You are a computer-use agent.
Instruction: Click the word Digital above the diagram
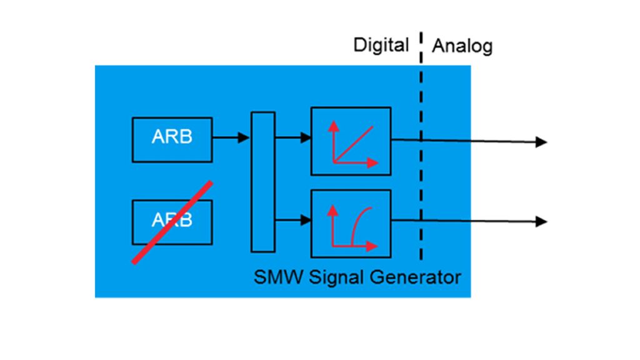tap(381, 45)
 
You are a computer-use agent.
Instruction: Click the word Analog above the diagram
tap(462, 46)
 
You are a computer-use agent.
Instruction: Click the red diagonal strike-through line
tap(172, 222)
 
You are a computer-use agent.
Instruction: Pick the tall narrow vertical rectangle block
tap(262, 182)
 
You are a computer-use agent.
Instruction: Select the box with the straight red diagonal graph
tap(351, 141)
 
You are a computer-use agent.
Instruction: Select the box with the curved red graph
tap(351, 223)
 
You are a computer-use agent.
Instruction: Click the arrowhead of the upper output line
tap(542, 142)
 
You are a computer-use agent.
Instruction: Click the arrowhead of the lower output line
tap(542, 221)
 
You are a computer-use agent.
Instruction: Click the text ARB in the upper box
tap(172, 137)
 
